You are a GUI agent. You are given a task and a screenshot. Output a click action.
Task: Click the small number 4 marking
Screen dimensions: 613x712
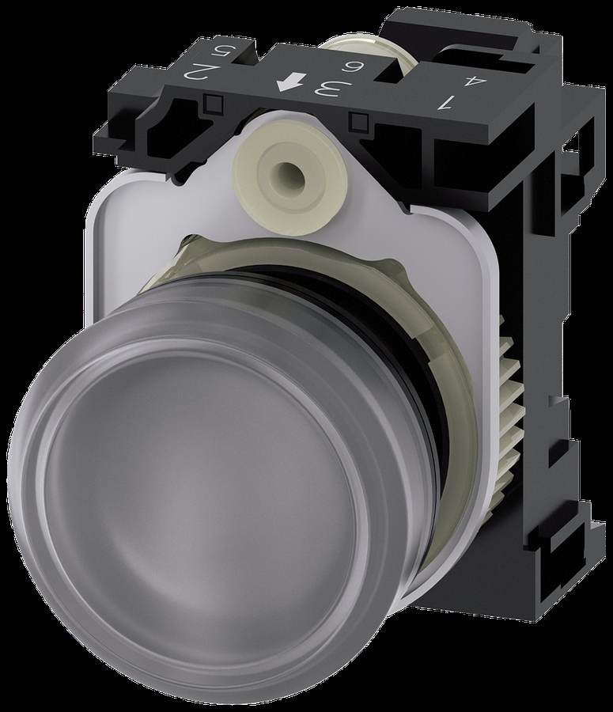(x=461, y=81)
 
